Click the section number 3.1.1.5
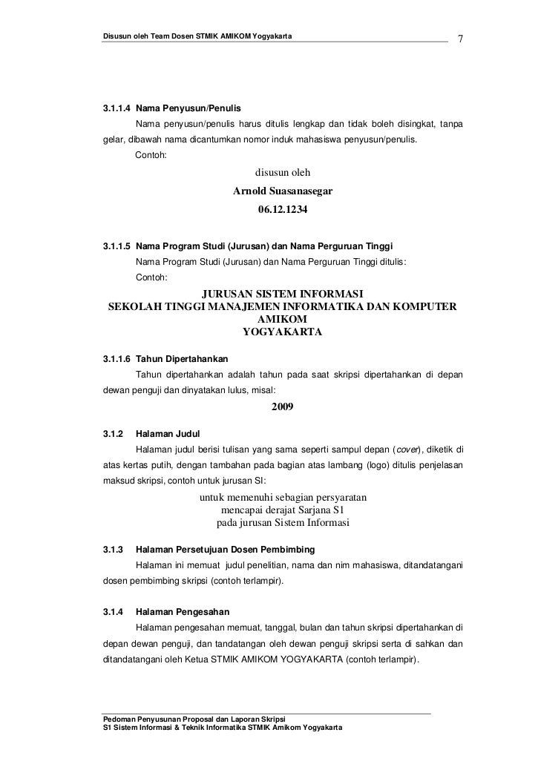click(116, 246)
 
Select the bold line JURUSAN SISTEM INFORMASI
click(283, 294)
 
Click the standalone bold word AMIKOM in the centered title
click(283, 320)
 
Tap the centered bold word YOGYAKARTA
click(283, 332)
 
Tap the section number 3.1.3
click(111, 550)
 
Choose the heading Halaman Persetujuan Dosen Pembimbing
click(226, 550)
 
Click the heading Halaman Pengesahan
click(183, 612)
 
